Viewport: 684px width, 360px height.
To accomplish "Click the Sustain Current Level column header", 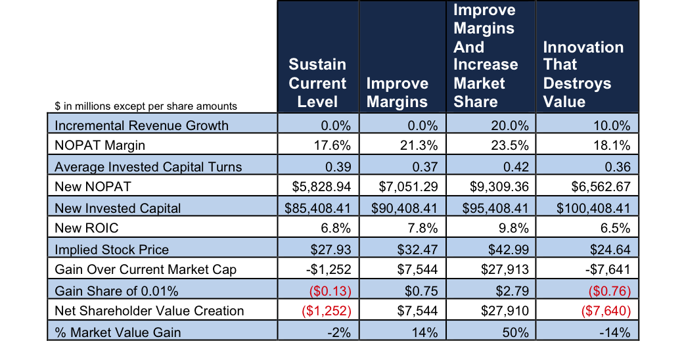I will click(317, 83).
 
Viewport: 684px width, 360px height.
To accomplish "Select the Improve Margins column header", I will click(397, 92).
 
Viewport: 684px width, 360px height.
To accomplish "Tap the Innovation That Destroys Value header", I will click(583, 74).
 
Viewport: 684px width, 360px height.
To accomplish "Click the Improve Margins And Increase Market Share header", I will click(486, 56).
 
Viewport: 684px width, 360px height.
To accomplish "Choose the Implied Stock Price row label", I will click(112, 250).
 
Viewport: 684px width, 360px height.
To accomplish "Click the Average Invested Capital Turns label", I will click(148, 167).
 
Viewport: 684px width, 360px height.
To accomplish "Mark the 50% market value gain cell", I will click(516, 332).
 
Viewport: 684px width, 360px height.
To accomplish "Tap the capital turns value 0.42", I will click(516, 167).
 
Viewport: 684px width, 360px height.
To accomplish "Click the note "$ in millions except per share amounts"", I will click(146, 106).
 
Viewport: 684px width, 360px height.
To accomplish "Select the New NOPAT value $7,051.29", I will click(405, 187).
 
